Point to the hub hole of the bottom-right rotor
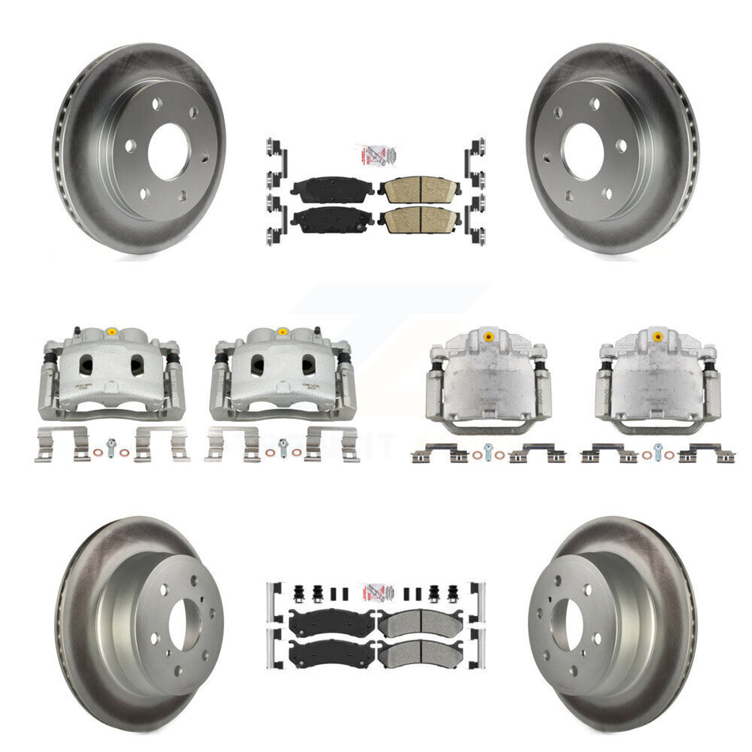coord(571,625)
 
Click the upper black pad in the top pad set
coord(333,188)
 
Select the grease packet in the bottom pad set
coord(376,593)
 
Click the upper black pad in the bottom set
coord(332,624)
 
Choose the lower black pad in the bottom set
coord(332,653)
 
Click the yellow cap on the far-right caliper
coord(658,336)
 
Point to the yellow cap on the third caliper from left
coord(488,336)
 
